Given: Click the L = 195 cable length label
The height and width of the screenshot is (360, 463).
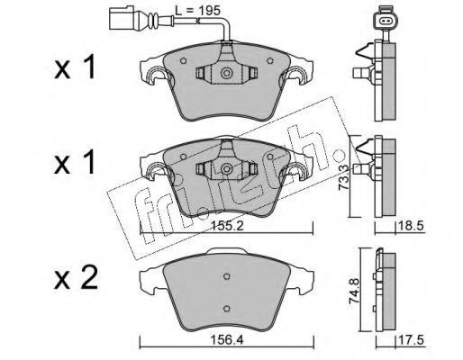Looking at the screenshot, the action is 198,11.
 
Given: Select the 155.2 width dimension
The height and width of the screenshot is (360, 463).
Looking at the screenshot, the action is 227,226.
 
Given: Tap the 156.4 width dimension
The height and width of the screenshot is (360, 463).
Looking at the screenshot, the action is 227,340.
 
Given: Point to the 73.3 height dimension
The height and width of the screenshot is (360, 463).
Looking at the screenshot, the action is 344,177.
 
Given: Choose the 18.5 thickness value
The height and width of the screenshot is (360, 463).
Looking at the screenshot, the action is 411,226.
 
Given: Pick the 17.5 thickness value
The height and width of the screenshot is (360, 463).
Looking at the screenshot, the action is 411,340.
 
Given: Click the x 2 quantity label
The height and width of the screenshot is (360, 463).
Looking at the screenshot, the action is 76,278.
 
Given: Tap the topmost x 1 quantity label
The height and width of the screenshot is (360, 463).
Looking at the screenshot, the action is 75,67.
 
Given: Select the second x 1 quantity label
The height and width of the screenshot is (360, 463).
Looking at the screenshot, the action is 75,162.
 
